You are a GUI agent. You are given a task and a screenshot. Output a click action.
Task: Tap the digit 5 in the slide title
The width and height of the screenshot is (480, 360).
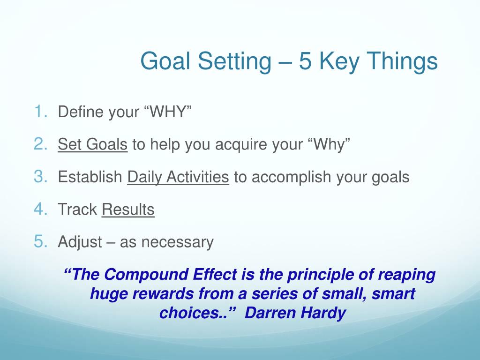coord(305,61)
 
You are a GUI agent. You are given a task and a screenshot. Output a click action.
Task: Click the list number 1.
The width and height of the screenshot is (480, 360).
coord(40,111)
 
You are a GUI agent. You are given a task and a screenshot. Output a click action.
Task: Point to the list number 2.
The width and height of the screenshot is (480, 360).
coord(40,144)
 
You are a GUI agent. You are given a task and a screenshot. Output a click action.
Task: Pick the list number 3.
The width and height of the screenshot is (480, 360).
coord(40,176)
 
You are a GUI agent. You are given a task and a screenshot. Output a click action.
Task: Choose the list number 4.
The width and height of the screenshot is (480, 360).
coord(40,209)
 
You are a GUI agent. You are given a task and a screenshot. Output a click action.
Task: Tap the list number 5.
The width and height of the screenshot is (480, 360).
coord(40,241)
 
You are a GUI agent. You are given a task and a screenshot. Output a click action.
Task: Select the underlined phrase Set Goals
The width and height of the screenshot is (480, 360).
coord(92,144)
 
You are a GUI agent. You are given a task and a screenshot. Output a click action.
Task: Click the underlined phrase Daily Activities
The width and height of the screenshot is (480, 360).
coord(178,177)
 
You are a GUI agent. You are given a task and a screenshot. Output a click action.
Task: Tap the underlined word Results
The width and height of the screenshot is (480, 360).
coord(128,210)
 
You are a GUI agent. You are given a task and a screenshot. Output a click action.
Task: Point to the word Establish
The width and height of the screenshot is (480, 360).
coord(90,177)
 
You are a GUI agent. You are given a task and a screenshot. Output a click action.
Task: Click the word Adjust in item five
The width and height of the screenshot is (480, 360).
coord(80,242)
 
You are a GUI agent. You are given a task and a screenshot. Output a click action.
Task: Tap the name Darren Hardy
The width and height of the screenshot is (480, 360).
coord(295,313)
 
